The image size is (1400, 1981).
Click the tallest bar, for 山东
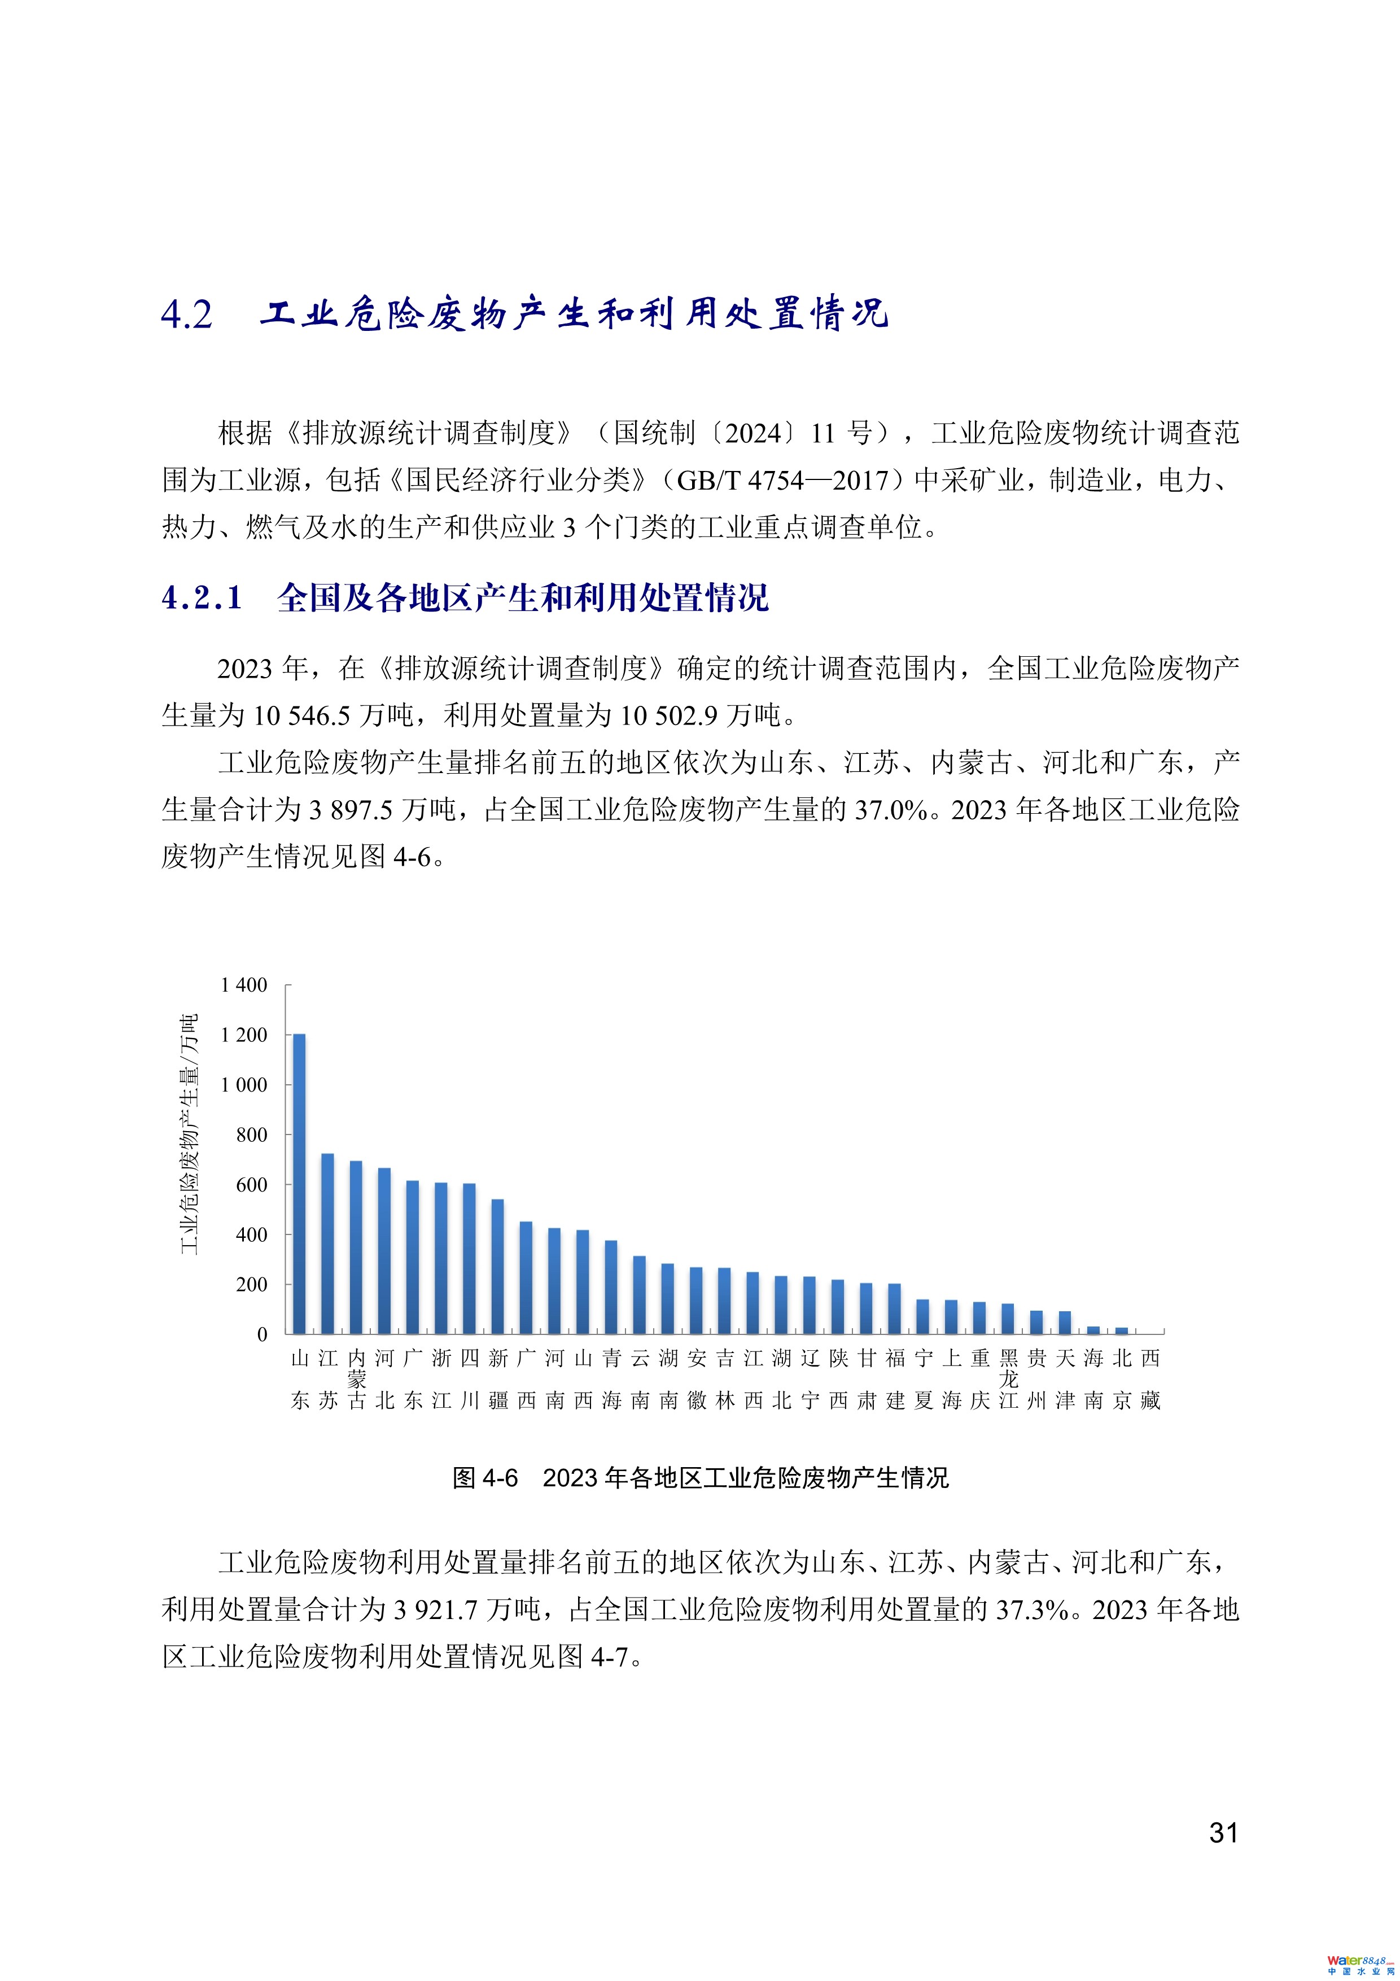[299, 1183]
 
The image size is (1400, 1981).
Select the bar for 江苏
[328, 1243]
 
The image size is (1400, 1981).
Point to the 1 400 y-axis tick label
[244, 985]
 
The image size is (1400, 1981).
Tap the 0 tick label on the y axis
[262, 1335]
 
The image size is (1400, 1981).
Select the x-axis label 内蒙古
[356, 1379]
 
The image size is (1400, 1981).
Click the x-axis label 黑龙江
[1008, 1379]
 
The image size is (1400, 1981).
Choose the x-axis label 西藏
[1150, 1379]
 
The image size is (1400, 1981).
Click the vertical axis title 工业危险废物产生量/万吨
[189, 1134]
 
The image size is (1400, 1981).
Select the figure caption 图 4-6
[485, 1478]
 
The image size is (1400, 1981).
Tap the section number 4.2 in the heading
[186, 315]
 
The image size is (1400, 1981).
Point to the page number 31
[1223, 1832]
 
